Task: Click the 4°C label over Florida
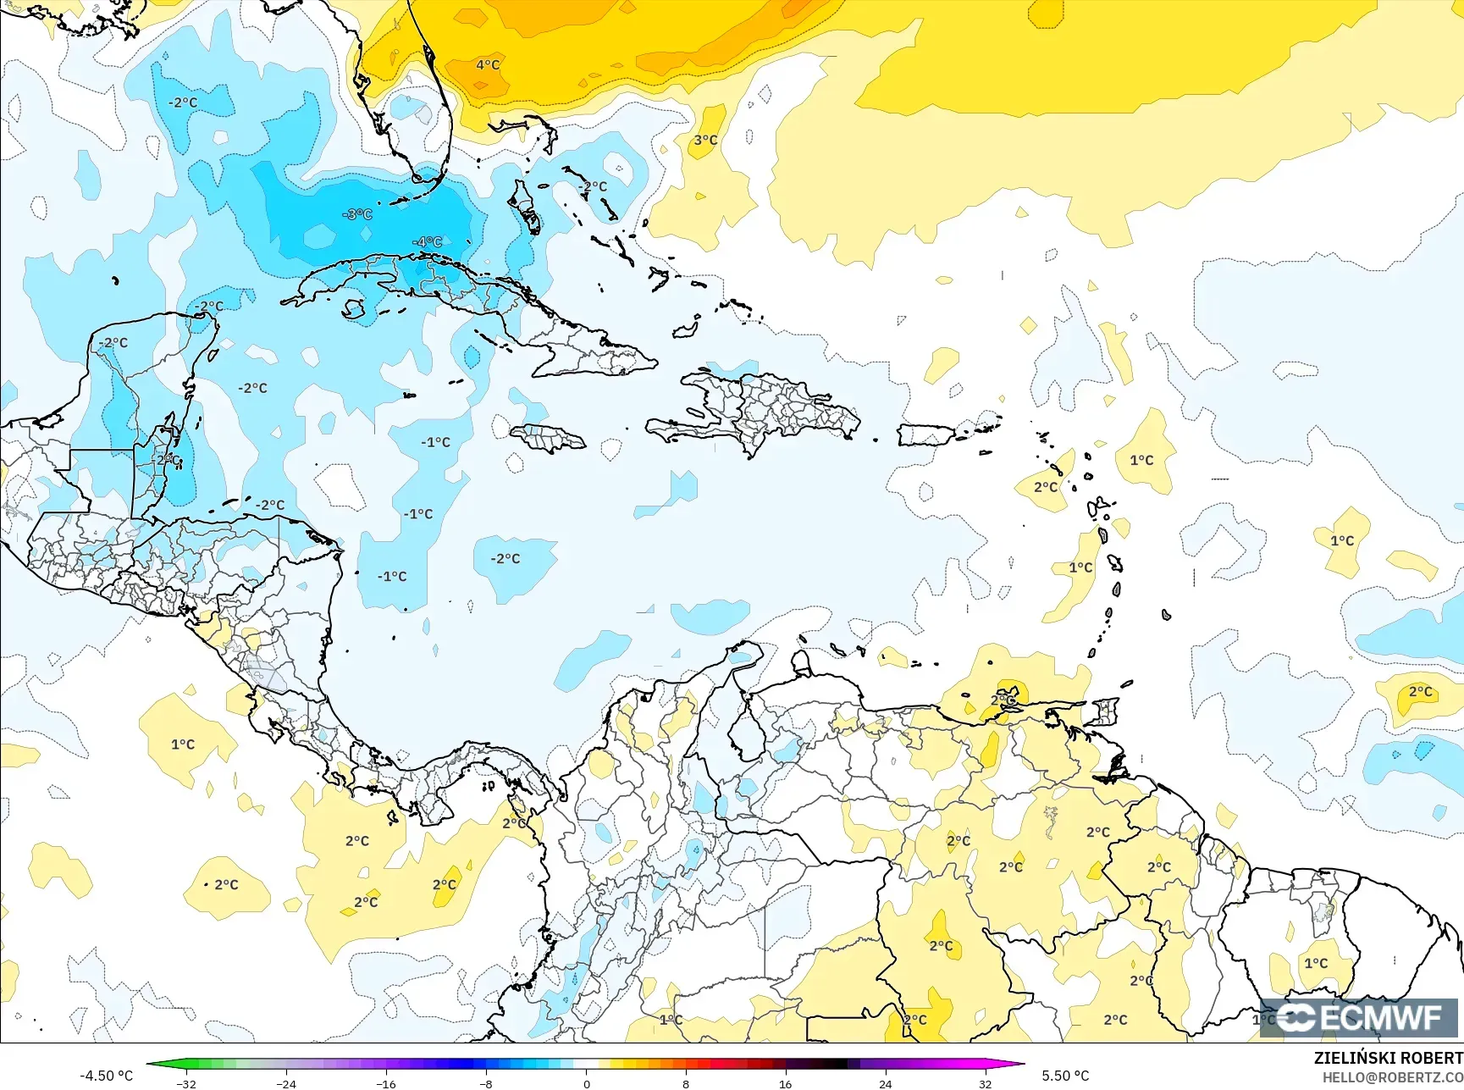tap(488, 64)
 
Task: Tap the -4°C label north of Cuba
tap(428, 241)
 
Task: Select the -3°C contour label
tap(357, 214)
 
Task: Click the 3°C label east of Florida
tap(705, 140)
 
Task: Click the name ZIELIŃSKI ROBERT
tap(1388, 1058)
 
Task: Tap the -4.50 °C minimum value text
tap(106, 1076)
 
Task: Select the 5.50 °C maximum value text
tap(1065, 1076)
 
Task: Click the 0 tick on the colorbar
tap(586, 1084)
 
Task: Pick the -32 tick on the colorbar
tap(186, 1084)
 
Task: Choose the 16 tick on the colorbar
tap(785, 1084)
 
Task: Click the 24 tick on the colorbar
tap(885, 1084)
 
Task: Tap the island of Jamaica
tap(548, 438)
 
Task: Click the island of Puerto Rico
tap(925, 435)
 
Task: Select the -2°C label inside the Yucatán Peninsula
tap(113, 343)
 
